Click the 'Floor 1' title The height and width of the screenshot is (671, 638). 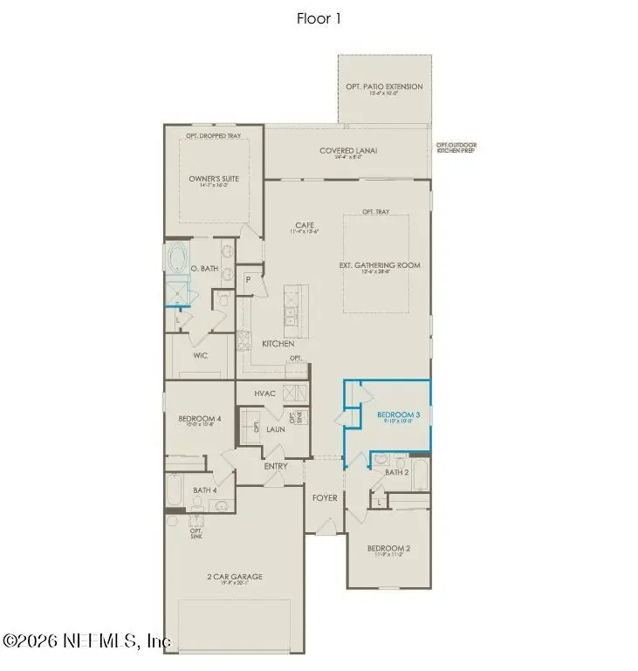coord(319,18)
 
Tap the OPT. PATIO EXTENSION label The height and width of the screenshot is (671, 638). coord(384,86)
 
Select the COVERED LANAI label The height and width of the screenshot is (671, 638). coord(347,151)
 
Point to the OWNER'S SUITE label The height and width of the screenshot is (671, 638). coord(214,179)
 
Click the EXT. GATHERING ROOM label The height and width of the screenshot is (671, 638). coord(380,264)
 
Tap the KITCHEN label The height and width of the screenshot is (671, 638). coord(278,344)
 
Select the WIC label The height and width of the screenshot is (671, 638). coord(201,356)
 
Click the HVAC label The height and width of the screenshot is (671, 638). coord(264,394)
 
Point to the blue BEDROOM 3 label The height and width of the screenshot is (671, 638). coord(398,414)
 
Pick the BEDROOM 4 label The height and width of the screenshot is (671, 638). coord(200,419)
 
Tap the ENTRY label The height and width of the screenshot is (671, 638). coord(276,466)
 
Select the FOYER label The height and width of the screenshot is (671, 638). coord(325,498)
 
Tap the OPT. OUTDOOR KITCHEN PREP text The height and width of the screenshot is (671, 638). coord(456,147)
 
